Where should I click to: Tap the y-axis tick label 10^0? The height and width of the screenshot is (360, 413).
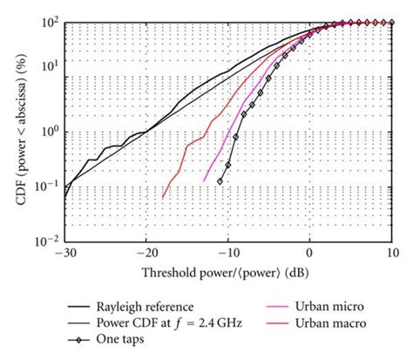pos(48,129)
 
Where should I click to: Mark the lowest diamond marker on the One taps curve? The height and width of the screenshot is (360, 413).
pos(220,181)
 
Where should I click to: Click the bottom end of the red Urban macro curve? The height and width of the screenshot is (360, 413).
pos(163,199)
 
